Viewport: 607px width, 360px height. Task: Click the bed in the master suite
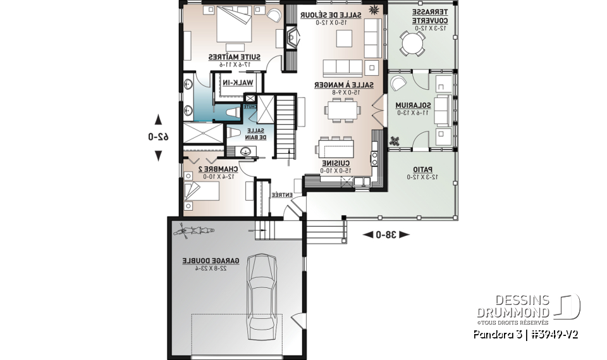(233, 26)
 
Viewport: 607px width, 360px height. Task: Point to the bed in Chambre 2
(200, 192)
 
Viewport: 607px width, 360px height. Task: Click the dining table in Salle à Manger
(343, 110)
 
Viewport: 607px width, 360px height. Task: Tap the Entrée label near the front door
(281, 196)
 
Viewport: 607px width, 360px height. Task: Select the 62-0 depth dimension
(158, 137)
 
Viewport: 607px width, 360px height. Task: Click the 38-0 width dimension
(386, 235)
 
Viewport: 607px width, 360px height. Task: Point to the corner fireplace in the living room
(292, 36)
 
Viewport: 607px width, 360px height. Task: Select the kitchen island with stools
(341, 148)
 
